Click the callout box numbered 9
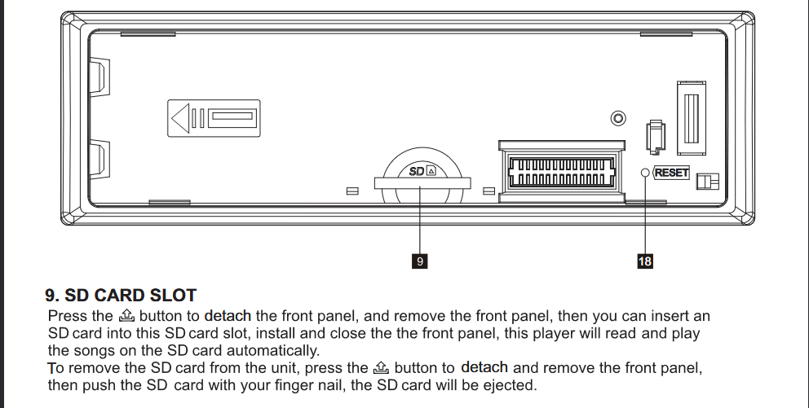[x=420, y=261]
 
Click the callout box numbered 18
[x=645, y=261]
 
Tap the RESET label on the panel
[x=671, y=173]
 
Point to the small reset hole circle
[x=645, y=173]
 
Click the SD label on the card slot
[x=417, y=172]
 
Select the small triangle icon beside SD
[x=431, y=171]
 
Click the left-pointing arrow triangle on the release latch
[x=180, y=118]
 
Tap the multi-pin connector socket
[x=561, y=172]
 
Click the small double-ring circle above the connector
[x=618, y=118]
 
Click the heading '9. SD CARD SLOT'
[x=121, y=296]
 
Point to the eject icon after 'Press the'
[x=126, y=315]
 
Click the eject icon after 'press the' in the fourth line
[x=380, y=367]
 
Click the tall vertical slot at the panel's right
[x=692, y=118]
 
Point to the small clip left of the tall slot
[x=655, y=137]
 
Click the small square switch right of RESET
[x=707, y=181]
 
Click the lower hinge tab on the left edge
[x=99, y=159]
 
